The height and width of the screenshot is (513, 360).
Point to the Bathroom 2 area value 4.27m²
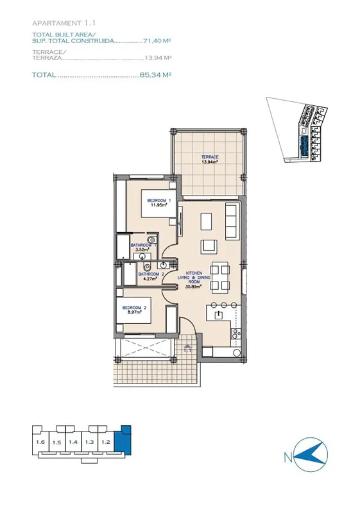(x=151, y=279)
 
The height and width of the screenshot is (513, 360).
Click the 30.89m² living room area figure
(x=194, y=286)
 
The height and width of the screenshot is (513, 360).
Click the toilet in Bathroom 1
(x=151, y=239)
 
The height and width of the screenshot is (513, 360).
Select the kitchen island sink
(x=218, y=315)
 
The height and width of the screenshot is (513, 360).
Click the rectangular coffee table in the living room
(x=207, y=222)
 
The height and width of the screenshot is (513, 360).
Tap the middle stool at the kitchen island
(x=223, y=305)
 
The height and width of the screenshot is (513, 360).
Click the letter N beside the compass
(x=288, y=457)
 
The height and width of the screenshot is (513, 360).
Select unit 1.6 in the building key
(x=40, y=442)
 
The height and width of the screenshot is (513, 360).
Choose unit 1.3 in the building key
(x=89, y=442)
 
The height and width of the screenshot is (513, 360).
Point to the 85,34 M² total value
(x=155, y=74)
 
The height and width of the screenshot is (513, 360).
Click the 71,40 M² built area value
(x=157, y=41)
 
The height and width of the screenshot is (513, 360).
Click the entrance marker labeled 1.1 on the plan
(x=187, y=349)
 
